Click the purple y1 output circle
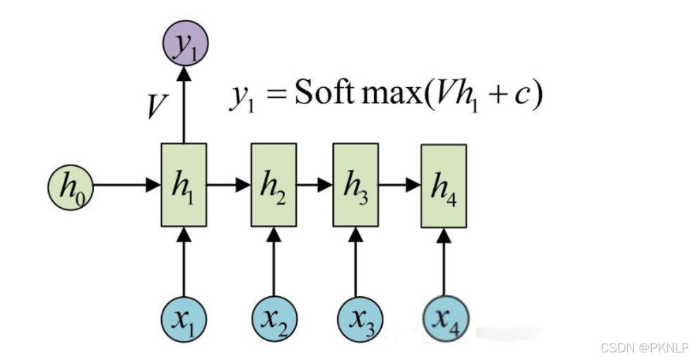pyautogui.click(x=184, y=45)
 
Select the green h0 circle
pyautogui.click(x=70, y=186)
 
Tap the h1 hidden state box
pyautogui.click(x=184, y=185)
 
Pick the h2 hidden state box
pyautogui.click(x=274, y=185)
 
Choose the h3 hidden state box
pyautogui.click(x=355, y=185)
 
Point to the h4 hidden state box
pyautogui.click(x=444, y=186)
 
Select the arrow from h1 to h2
pyautogui.click(x=228, y=185)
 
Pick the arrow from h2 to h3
pyautogui.click(x=315, y=185)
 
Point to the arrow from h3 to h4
pyautogui.click(x=399, y=185)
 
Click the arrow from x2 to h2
pyautogui.click(x=274, y=264)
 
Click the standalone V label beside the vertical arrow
pyautogui.click(x=157, y=106)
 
